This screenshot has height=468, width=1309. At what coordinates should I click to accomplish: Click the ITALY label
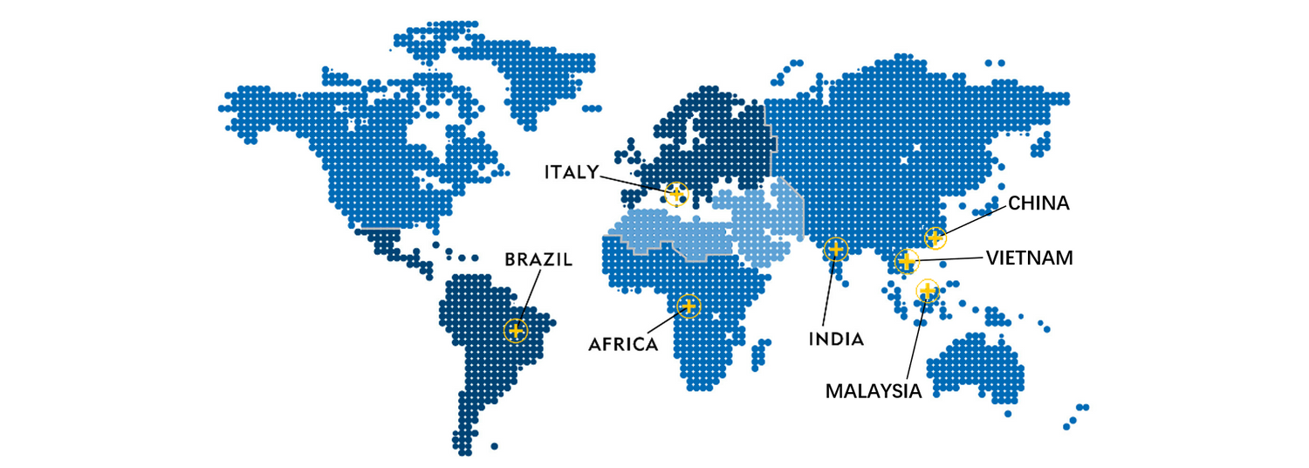[x=572, y=172]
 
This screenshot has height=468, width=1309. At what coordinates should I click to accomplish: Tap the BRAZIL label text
[x=539, y=259]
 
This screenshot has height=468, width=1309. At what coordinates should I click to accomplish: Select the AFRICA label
[x=623, y=344]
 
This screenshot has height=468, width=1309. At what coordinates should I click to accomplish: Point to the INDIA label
[x=835, y=339]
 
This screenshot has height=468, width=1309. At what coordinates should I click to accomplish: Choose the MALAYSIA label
[x=874, y=391]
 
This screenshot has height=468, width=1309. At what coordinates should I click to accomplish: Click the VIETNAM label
[x=1030, y=258]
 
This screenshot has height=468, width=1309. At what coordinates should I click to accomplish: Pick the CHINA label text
[x=1038, y=203]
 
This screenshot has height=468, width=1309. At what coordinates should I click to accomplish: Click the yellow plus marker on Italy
[x=675, y=193]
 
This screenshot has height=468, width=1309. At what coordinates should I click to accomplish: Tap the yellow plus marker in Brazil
[x=517, y=331]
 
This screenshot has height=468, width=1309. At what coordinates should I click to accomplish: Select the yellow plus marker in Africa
[x=689, y=306]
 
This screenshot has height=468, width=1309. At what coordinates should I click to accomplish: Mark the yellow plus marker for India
[x=835, y=250]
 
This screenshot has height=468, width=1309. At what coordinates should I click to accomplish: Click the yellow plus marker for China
[x=935, y=237]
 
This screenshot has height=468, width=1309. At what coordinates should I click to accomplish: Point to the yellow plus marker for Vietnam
[x=907, y=260]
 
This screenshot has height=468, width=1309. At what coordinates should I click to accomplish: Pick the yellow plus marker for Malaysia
[x=927, y=290]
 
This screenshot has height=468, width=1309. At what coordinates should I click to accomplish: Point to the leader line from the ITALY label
[x=633, y=182]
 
